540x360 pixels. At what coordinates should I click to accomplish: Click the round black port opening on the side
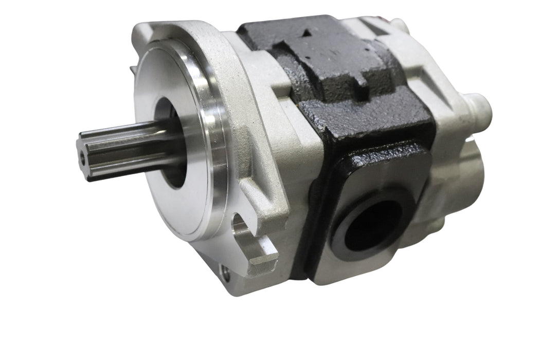pyautogui.click(x=373, y=224)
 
